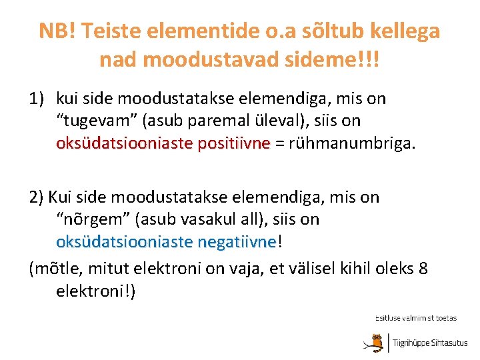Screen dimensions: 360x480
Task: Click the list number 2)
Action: coord(37,197)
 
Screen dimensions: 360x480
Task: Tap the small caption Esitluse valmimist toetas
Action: coord(415,318)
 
